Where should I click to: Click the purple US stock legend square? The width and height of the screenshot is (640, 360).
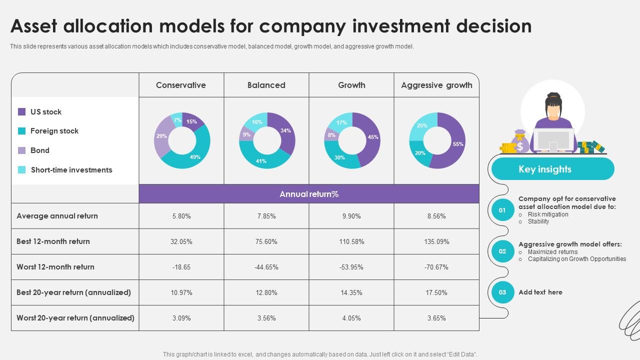click(x=22, y=112)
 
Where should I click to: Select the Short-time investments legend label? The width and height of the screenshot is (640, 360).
click(x=71, y=170)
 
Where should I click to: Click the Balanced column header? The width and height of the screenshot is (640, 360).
click(x=266, y=85)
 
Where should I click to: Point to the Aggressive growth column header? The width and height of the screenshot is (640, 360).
click(x=436, y=85)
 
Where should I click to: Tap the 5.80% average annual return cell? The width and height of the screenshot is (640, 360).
click(x=181, y=216)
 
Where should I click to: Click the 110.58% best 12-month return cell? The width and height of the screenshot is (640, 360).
click(x=351, y=241)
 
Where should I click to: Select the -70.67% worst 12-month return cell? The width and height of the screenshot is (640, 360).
click(x=436, y=267)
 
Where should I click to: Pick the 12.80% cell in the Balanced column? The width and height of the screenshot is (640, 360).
click(x=266, y=292)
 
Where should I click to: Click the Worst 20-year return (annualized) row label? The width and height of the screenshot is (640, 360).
click(x=75, y=318)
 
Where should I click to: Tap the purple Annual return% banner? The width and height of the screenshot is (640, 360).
click(x=309, y=194)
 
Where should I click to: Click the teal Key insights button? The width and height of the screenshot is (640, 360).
click(x=545, y=169)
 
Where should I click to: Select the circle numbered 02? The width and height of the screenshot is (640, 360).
click(x=502, y=251)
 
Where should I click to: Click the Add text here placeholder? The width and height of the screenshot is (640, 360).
click(x=540, y=292)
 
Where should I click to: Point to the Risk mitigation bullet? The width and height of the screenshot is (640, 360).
click(x=548, y=214)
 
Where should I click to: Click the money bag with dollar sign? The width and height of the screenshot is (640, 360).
click(x=520, y=142)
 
